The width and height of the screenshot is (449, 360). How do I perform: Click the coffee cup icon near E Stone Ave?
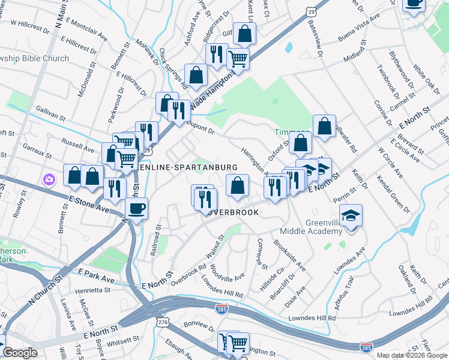pos(136,209)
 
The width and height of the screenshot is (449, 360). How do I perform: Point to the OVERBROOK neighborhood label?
pos(231,212)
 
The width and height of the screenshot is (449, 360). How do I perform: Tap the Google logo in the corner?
pos(20,353)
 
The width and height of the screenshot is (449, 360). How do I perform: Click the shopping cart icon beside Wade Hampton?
pos(238,59)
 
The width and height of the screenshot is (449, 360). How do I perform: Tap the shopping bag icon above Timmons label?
pos(324,126)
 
